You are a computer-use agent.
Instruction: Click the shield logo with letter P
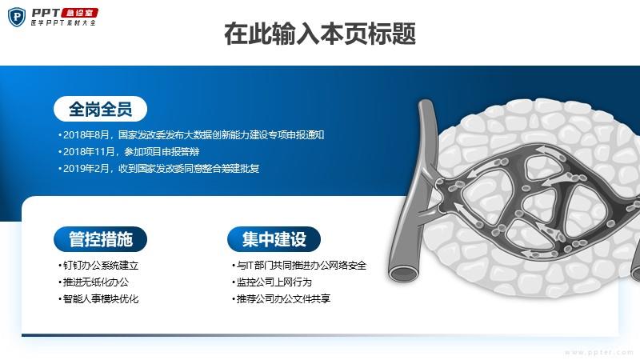click(x=17, y=17)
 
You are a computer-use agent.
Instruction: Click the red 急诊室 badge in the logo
click(x=79, y=13)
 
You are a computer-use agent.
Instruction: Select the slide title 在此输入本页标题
click(x=320, y=34)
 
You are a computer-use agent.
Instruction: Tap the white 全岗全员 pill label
click(x=101, y=109)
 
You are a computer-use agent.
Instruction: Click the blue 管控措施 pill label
click(x=101, y=239)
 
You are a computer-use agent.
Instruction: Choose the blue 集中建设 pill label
click(x=274, y=239)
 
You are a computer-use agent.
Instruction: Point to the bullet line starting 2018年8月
click(x=191, y=134)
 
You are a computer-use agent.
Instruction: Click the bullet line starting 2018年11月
click(x=129, y=152)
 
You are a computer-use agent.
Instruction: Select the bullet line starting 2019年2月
click(x=158, y=169)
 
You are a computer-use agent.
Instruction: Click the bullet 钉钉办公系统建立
click(x=98, y=266)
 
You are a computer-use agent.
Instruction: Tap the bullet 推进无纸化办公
click(x=94, y=282)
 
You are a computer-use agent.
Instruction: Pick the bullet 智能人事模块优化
click(x=98, y=298)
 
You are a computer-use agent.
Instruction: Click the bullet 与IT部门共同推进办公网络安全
click(x=299, y=266)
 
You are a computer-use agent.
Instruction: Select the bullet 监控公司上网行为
click(x=272, y=282)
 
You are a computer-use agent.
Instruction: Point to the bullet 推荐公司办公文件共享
click(x=282, y=298)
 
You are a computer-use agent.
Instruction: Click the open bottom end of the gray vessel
click(x=404, y=274)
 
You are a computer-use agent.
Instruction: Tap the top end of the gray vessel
click(x=426, y=102)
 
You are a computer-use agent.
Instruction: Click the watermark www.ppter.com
click(x=598, y=352)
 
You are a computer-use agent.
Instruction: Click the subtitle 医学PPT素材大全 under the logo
click(x=63, y=23)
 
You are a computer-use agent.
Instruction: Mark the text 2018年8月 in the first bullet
click(x=86, y=134)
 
